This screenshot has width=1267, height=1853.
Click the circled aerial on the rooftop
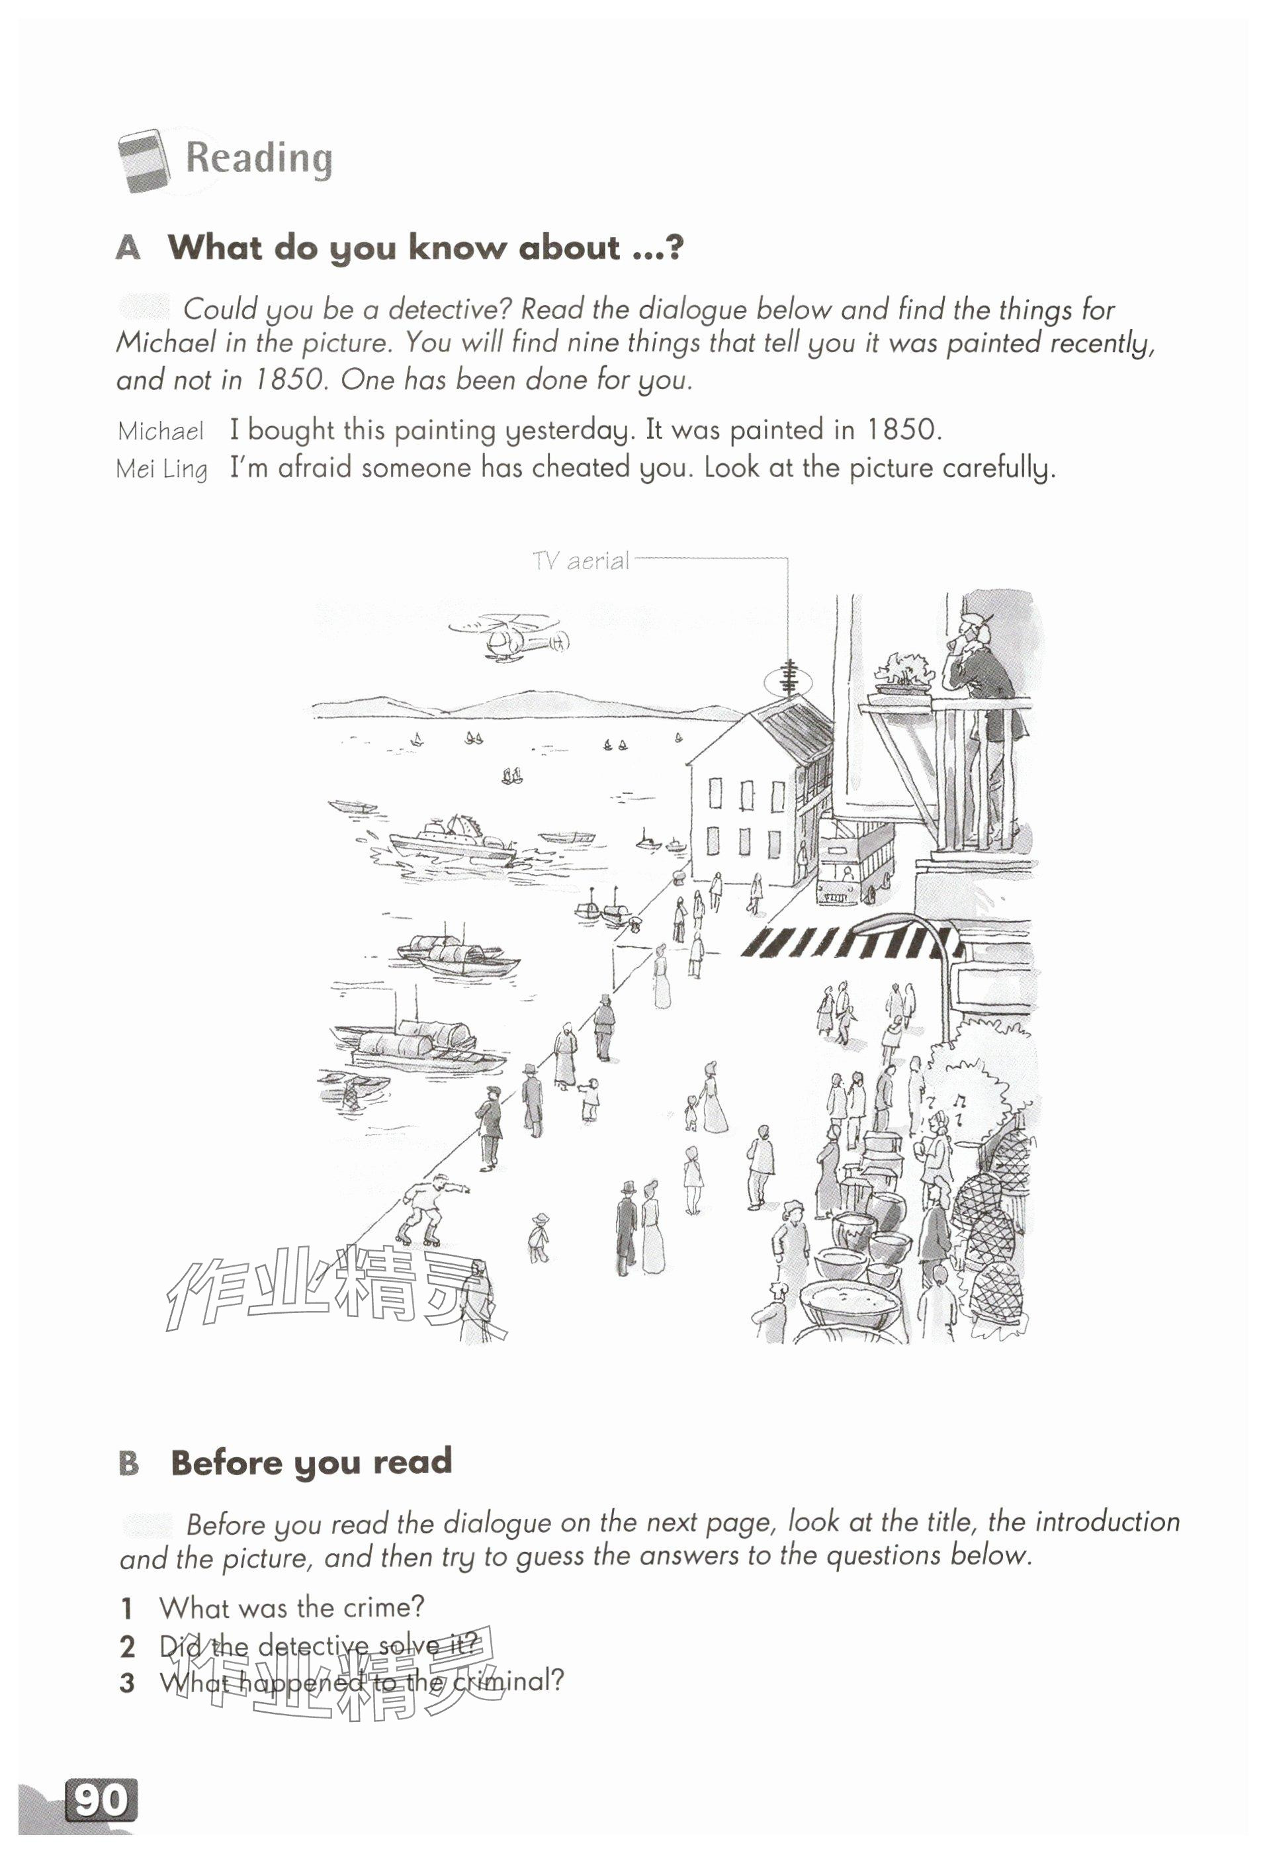(789, 680)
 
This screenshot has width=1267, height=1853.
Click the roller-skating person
(431, 1209)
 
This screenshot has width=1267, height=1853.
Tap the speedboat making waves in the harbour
(451, 842)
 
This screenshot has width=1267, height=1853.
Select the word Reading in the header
(259, 159)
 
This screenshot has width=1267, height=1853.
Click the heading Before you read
(311, 1461)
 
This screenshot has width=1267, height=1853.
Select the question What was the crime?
(292, 1607)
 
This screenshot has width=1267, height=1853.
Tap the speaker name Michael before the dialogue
(161, 431)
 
